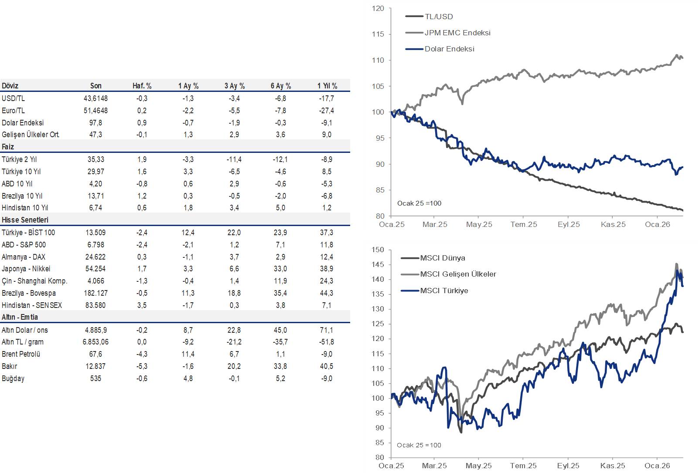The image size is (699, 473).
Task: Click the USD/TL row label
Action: click(x=13, y=98)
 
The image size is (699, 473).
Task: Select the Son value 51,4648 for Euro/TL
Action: click(x=95, y=111)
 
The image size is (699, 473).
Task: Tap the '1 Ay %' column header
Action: click(x=188, y=86)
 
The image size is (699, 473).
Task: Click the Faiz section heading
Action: click(x=8, y=147)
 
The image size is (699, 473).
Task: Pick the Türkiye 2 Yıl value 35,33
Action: click(x=95, y=159)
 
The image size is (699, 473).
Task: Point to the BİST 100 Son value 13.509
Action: click(x=95, y=233)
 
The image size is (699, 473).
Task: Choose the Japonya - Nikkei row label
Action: click(x=26, y=269)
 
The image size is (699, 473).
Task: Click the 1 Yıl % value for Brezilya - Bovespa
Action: click(x=327, y=293)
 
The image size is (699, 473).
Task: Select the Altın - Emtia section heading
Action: click(x=20, y=317)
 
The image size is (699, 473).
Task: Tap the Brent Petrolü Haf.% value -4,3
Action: click(x=142, y=354)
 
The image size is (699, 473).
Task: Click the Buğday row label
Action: click(x=13, y=378)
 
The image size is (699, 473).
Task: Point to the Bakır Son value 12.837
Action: click(x=95, y=366)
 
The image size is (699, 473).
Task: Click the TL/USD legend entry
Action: click(x=439, y=17)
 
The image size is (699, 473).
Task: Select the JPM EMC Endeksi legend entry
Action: click(x=457, y=33)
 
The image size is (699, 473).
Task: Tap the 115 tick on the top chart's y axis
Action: click(x=378, y=34)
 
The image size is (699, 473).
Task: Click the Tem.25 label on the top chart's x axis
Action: click(x=524, y=224)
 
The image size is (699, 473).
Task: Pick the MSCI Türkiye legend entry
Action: click(x=444, y=291)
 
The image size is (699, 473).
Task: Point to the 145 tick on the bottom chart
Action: click(x=378, y=264)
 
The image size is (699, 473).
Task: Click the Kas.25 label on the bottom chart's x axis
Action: click(x=613, y=466)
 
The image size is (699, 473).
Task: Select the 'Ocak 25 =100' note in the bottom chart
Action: click(x=419, y=445)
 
